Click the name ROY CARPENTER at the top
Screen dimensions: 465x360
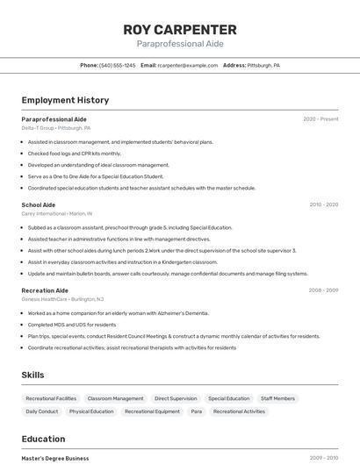click(x=180, y=29)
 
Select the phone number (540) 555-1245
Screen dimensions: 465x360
click(x=118, y=65)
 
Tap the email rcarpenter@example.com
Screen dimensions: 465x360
click(x=187, y=65)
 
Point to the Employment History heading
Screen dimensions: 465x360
click(x=65, y=100)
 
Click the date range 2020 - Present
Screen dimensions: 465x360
click(x=320, y=118)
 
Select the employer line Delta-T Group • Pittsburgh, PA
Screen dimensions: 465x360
click(x=55, y=127)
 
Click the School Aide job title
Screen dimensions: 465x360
click(x=39, y=204)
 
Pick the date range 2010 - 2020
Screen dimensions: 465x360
click(x=323, y=204)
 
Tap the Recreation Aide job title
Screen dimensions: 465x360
click(x=45, y=290)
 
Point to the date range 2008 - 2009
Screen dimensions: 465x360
click(x=323, y=290)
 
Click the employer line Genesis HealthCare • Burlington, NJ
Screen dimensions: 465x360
click(x=62, y=298)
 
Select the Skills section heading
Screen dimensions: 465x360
click(x=32, y=375)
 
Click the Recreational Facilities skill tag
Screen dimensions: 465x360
click(x=51, y=398)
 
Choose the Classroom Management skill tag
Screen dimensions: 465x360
click(x=115, y=398)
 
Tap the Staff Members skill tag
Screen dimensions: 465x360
click(x=277, y=398)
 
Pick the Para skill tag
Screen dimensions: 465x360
click(x=196, y=411)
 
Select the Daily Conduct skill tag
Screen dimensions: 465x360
click(x=41, y=411)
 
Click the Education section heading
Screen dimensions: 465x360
click(x=43, y=439)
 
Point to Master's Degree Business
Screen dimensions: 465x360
click(x=55, y=458)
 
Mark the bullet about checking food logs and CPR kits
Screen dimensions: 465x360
click(x=75, y=154)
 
